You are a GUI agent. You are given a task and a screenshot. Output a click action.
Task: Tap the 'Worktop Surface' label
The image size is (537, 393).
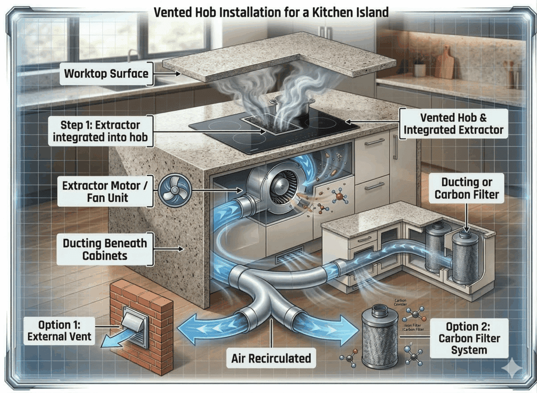tap(106, 73)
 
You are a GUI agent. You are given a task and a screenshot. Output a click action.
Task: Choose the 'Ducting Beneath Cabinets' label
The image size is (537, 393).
tap(105, 249)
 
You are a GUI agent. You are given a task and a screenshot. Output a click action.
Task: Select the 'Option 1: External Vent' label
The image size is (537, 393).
tap(59, 330)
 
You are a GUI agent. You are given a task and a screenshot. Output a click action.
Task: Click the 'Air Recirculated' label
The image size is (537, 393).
tap(271, 359)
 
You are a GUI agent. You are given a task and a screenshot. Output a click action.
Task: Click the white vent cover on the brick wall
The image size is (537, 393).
tap(136, 328)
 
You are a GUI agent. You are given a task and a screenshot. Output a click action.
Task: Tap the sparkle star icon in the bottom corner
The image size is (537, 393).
tap(511, 368)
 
